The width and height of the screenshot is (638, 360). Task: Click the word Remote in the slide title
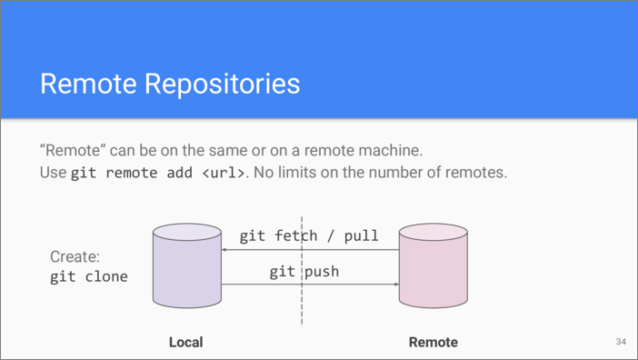pos(88,84)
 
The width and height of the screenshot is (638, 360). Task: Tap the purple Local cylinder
pos(187,265)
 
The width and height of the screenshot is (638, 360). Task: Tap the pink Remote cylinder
pos(434,265)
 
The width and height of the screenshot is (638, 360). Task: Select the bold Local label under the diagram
pos(186,342)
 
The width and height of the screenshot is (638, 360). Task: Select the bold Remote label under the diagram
pos(434,342)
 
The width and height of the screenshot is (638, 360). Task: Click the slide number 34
pos(621,342)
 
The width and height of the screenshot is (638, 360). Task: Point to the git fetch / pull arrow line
pos(310,249)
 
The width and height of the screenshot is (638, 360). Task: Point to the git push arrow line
pos(310,284)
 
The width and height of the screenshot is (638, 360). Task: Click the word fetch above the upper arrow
pos(295,235)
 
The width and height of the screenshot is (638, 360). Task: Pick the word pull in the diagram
pos(362,236)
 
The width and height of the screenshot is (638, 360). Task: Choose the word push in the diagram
pos(322,271)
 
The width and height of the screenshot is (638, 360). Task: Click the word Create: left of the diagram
pos(75,256)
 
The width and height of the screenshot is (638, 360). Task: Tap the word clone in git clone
pos(106,276)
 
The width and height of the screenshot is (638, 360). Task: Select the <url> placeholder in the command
pos(224,173)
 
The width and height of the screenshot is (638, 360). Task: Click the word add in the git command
pos(179,173)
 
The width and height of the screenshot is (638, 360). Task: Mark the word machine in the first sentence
pos(392,151)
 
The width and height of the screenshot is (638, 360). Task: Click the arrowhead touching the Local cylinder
pos(224,249)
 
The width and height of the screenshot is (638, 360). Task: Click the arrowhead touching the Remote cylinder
pos(396,284)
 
